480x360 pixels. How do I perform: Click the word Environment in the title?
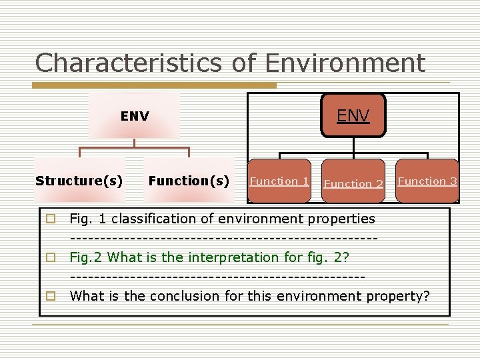(345, 64)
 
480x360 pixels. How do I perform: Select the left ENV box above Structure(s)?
(135, 116)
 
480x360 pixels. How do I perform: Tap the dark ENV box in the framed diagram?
(353, 115)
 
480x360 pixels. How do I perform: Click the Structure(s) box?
(79, 181)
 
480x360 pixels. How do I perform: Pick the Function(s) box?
(189, 181)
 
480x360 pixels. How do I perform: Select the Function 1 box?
(279, 181)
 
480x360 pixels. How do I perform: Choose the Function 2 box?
(353, 183)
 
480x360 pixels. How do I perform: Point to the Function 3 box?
(427, 181)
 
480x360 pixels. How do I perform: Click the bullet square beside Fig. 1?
(50, 219)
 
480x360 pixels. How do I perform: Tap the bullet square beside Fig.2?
(50, 257)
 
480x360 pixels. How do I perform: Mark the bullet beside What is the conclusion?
(50, 295)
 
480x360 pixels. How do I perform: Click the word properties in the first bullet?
(338, 219)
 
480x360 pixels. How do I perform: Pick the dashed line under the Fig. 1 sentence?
(223, 238)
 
